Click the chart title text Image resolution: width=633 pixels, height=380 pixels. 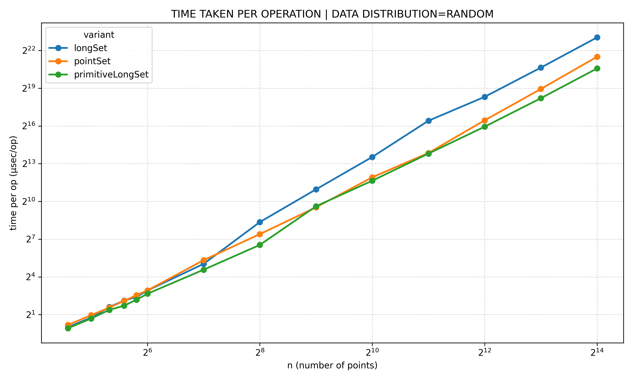(x=332, y=14)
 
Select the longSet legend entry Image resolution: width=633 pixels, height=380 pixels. (x=90, y=48)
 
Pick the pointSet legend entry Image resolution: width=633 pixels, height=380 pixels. (x=92, y=61)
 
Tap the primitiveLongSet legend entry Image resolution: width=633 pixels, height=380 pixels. (x=111, y=75)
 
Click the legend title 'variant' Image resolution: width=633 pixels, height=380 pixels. (x=99, y=35)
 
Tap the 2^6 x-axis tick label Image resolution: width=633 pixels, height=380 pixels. (x=147, y=353)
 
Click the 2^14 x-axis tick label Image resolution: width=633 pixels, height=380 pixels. (x=597, y=353)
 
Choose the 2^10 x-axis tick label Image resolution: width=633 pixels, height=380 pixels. (x=372, y=353)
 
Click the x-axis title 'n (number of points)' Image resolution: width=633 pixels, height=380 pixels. (x=332, y=366)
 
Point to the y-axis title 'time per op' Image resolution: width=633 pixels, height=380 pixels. (x=13, y=183)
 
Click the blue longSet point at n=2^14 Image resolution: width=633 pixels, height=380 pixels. (x=597, y=37)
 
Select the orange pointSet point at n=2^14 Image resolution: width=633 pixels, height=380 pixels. (x=597, y=57)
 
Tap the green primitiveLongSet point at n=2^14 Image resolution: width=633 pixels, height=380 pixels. (x=597, y=68)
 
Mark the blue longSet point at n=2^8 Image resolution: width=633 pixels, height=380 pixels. (x=260, y=222)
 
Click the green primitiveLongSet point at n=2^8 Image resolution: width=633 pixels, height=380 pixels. (x=260, y=245)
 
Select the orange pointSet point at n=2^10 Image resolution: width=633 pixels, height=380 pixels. (x=372, y=177)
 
